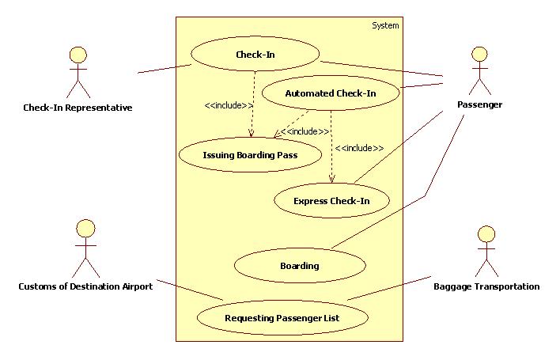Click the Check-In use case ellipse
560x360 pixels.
point(255,55)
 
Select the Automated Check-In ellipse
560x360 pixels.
point(330,93)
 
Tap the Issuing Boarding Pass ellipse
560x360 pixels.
point(250,155)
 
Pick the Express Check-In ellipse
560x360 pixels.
point(331,200)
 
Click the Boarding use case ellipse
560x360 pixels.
point(299,266)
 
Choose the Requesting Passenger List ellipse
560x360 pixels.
point(282,318)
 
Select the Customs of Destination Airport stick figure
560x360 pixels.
point(85,249)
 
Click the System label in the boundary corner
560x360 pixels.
point(385,25)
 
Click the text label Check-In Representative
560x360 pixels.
point(78,108)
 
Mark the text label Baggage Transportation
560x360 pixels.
point(486,286)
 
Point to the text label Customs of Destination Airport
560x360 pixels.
point(85,286)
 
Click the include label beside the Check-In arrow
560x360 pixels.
point(229,105)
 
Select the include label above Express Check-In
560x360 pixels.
point(359,148)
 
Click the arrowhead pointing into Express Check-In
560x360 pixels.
point(331,182)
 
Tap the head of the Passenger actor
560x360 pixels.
point(479,54)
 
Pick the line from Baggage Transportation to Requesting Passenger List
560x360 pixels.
point(389,288)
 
